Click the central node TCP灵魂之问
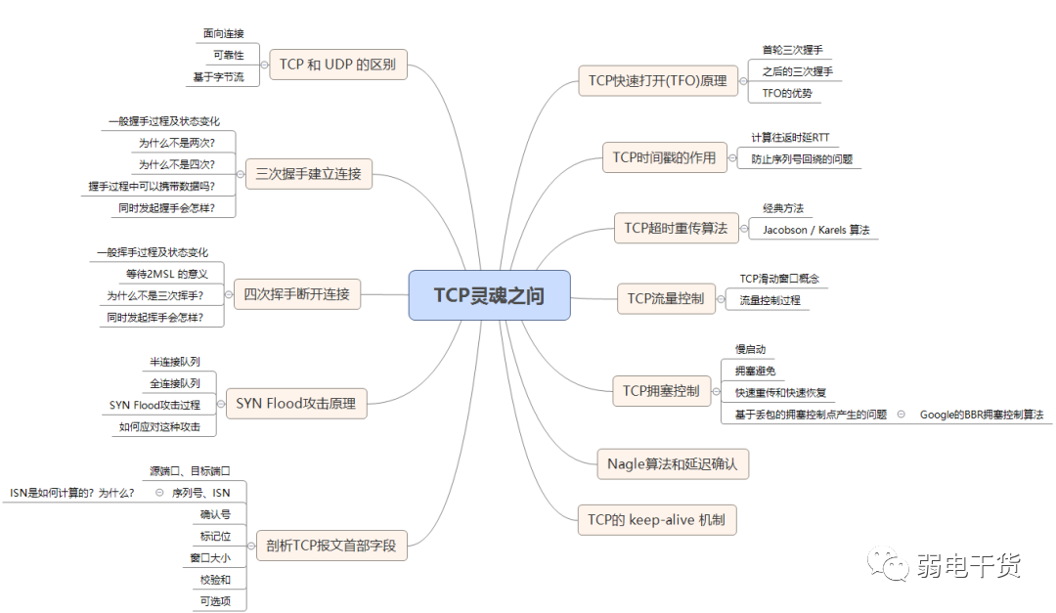click(x=489, y=295)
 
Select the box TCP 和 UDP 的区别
click(x=338, y=65)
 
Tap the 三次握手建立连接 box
click(x=308, y=174)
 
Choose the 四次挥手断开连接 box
click(x=296, y=294)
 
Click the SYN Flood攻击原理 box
click(x=296, y=404)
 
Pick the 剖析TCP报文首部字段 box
click(x=331, y=545)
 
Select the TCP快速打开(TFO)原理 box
click(x=658, y=81)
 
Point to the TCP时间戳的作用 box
click(x=665, y=157)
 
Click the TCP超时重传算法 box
click(x=677, y=228)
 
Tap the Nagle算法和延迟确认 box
click(x=673, y=463)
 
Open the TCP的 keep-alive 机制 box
click(x=657, y=519)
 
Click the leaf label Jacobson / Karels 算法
click(x=815, y=230)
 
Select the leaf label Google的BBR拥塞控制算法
click(x=982, y=415)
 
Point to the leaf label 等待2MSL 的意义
click(x=167, y=274)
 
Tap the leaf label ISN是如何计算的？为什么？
click(x=72, y=493)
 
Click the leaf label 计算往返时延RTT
click(x=790, y=138)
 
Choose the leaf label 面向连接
click(x=224, y=33)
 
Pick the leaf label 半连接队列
click(x=175, y=362)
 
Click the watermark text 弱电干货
click(x=968, y=566)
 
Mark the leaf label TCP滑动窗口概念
click(x=779, y=279)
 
